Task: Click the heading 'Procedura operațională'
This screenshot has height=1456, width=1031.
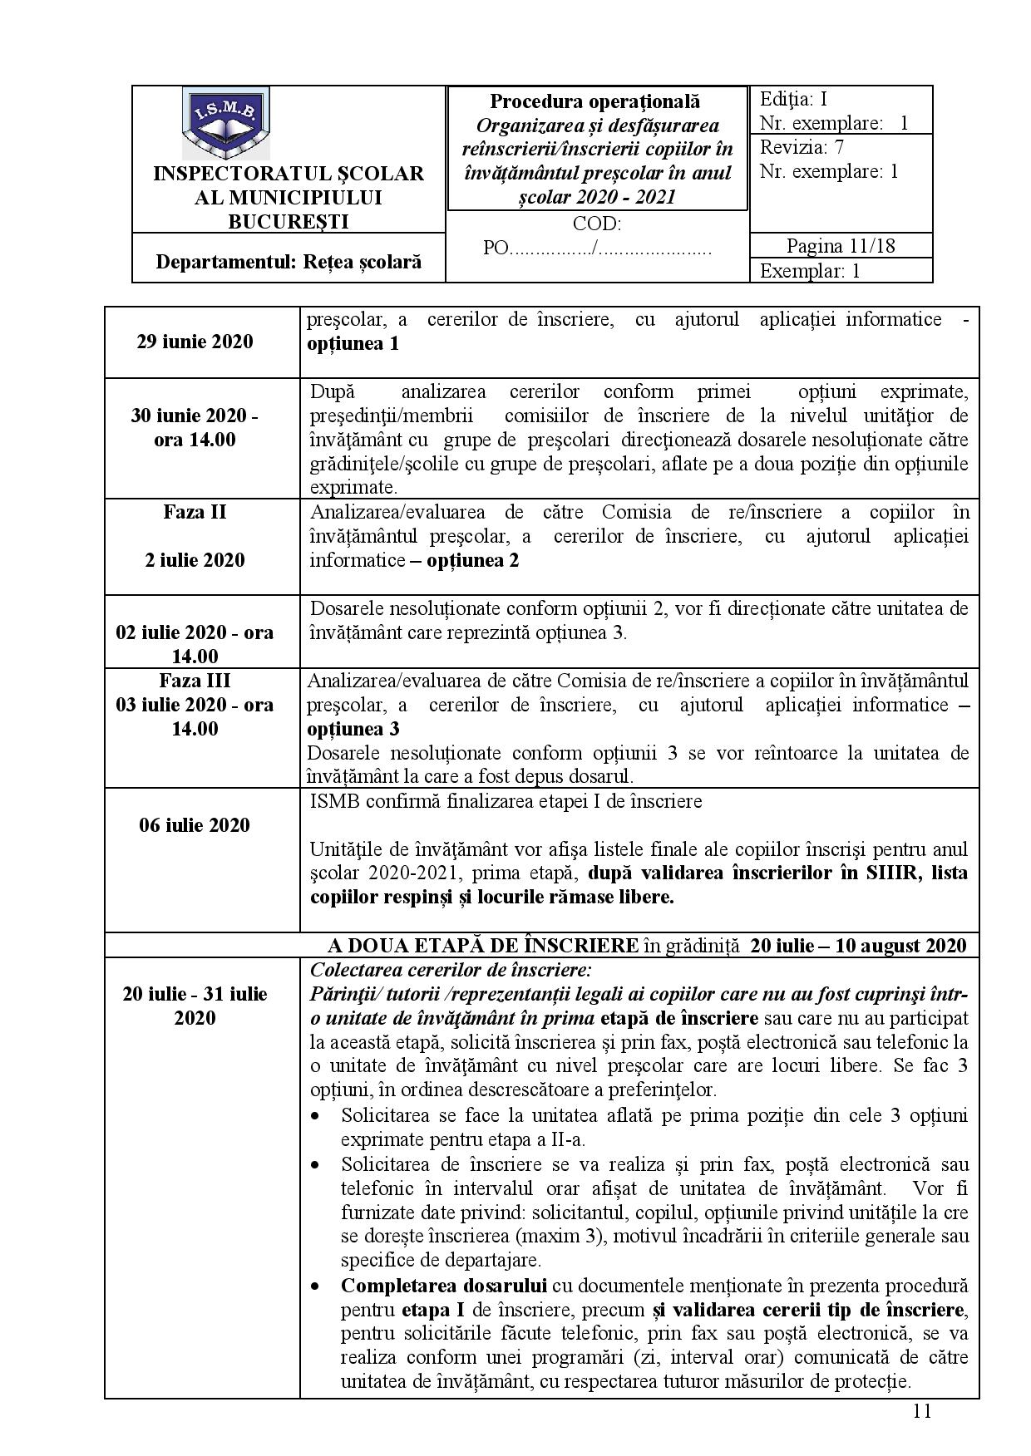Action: [594, 101]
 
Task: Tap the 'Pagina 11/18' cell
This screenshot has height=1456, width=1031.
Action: [840, 246]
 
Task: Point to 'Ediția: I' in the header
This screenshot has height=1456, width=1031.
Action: [793, 100]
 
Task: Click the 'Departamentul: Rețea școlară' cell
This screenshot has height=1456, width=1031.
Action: [289, 262]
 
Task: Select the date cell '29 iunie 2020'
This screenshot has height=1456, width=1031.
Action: [195, 342]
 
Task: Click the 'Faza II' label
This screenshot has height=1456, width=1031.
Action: [195, 512]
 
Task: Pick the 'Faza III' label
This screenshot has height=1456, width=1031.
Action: [195, 681]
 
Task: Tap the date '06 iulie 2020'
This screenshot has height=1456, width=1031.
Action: [195, 825]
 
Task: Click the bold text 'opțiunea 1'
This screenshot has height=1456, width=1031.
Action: [353, 343]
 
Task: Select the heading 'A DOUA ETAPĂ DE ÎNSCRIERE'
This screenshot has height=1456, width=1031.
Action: [484, 946]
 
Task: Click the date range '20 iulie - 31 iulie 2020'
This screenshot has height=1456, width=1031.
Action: [195, 1006]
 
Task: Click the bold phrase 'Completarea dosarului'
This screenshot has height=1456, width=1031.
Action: [443, 1286]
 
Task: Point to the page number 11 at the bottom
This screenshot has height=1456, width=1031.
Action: [921, 1412]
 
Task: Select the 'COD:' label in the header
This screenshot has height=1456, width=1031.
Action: [596, 224]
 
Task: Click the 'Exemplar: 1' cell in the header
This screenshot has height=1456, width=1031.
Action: [809, 271]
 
